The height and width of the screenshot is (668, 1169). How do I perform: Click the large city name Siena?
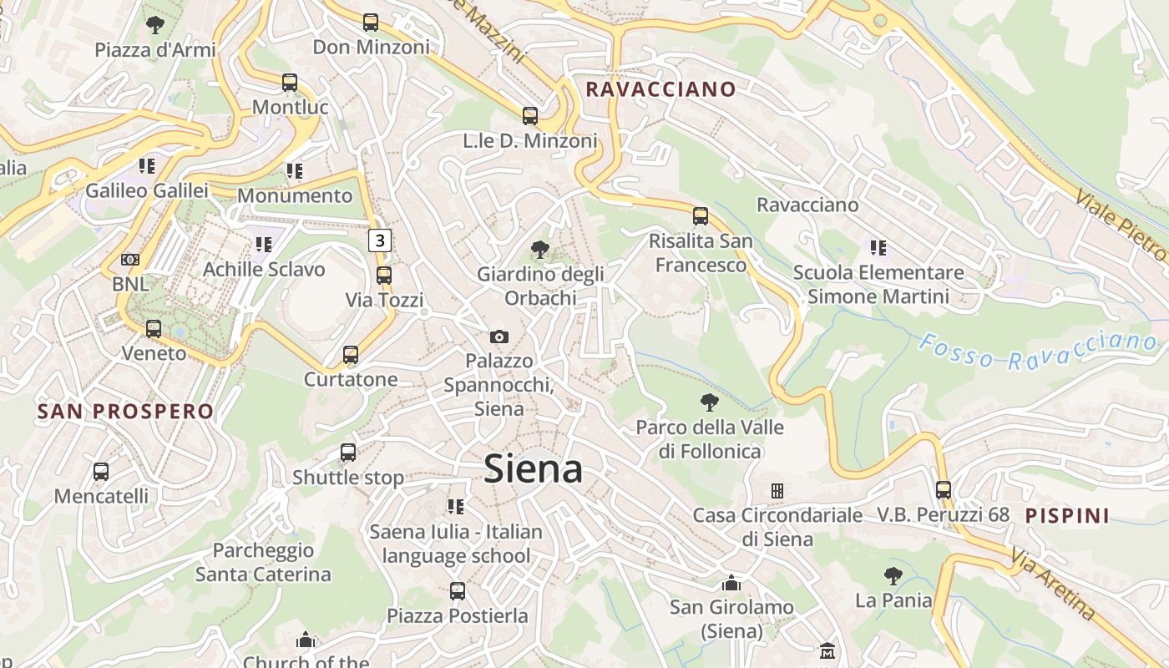533,468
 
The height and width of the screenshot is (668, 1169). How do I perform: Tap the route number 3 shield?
380,240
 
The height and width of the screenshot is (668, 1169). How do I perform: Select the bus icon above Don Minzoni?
371,23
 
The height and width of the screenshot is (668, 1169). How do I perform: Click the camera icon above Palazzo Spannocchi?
499,337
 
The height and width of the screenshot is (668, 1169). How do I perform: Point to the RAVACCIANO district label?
660,89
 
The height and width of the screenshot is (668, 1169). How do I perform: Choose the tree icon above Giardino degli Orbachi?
540,249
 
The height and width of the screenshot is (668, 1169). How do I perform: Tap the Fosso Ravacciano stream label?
1039,351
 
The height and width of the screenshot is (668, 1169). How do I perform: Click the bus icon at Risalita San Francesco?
701,216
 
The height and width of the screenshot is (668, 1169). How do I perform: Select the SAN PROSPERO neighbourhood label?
126,411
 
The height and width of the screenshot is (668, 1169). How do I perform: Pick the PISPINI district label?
1067,515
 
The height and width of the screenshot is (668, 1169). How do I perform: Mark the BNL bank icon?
130,260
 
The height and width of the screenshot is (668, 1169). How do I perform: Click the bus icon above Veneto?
154,329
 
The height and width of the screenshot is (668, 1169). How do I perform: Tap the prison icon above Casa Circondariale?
777,490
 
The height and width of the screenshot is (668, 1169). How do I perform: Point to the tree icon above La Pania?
893,575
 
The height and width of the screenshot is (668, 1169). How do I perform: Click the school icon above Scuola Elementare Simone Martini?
878,247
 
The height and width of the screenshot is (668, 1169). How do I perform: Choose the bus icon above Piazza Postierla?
458,591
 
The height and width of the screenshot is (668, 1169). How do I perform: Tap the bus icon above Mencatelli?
101,472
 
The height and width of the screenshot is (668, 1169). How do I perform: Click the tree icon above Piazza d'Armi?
154,25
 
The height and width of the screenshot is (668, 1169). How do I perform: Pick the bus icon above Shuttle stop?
348,453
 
